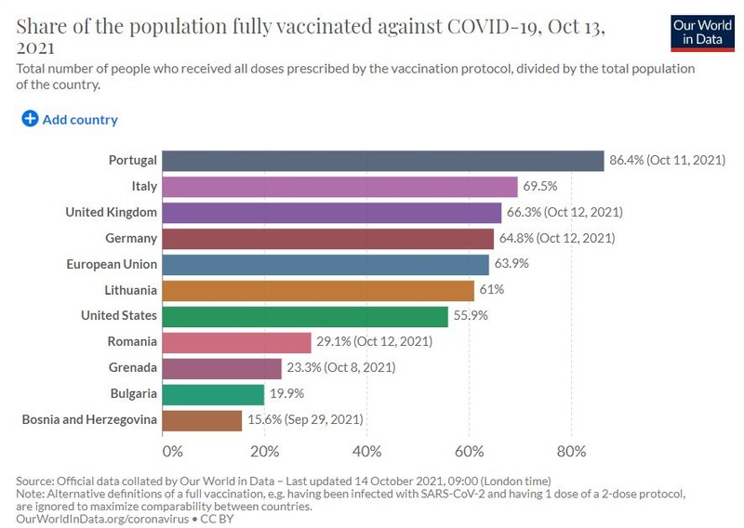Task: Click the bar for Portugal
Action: pyautogui.click(x=383, y=161)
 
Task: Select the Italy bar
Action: pyautogui.click(x=339, y=187)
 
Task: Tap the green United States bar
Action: pyautogui.click(x=305, y=316)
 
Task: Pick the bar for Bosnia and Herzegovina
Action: pyautogui.click(x=202, y=420)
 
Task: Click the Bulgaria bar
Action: pyautogui.click(x=213, y=394)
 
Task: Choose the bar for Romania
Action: pyautogui.click(x=237, y=342)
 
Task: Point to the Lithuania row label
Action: pyautogui.click(x=130, y=290)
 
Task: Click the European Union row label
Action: pyautogui.click(x=112, y=264)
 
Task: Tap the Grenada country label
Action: pyautogui.click(x=132, y=367)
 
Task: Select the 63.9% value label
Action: pyautogui.click(x=511, y=263)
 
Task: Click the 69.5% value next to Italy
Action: pyautogui.click(x=540, y=186)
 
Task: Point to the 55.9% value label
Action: pyautogui.click(x=471, y=315)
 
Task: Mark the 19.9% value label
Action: pyautogui.click(x=287, y=393)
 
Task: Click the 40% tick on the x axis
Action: pyautogui.click(x=366, y=451)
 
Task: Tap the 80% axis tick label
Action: pyautogui.click(x=571, y=451)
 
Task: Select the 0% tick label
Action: pyautogui.click(x=172, y=451)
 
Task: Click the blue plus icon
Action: pyautogui.click(x=30, y=119)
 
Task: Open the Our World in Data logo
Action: pyautogui.click(x=703, y=33)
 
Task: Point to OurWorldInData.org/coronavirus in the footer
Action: pyautogui.click(x=102, y=519)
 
